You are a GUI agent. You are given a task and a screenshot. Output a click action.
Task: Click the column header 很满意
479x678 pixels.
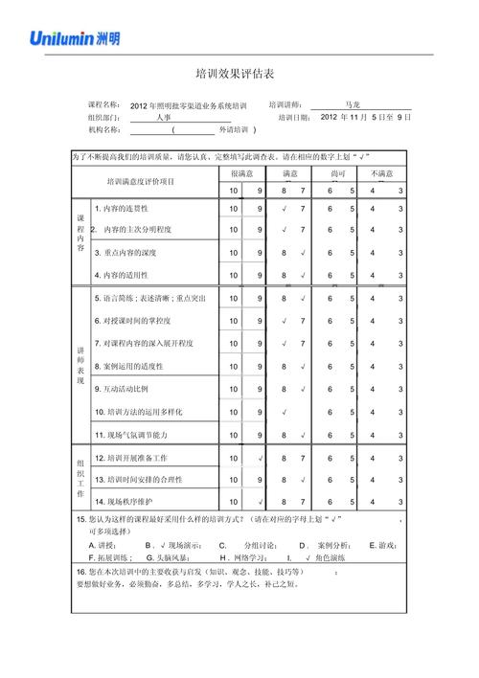coord(241,173)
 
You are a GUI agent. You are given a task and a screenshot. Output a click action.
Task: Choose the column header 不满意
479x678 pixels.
coord(383,173)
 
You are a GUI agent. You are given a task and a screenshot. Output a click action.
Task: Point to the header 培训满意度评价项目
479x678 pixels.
coord(141,181)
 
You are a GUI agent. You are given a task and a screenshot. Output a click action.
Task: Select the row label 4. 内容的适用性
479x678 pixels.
coord(127,276)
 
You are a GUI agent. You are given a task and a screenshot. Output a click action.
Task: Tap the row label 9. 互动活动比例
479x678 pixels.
coord(122,389)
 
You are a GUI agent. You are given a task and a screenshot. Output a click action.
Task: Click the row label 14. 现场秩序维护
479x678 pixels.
coord(124,501)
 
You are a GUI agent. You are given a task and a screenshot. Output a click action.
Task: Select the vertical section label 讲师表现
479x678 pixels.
coord(80,365)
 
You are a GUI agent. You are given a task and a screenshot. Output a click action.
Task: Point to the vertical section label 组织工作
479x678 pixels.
coord(80,478)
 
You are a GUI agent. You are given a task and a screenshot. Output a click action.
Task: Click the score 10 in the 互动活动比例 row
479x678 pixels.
coord(234,390)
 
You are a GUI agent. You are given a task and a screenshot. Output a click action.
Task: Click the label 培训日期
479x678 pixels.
coord(294,117)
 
